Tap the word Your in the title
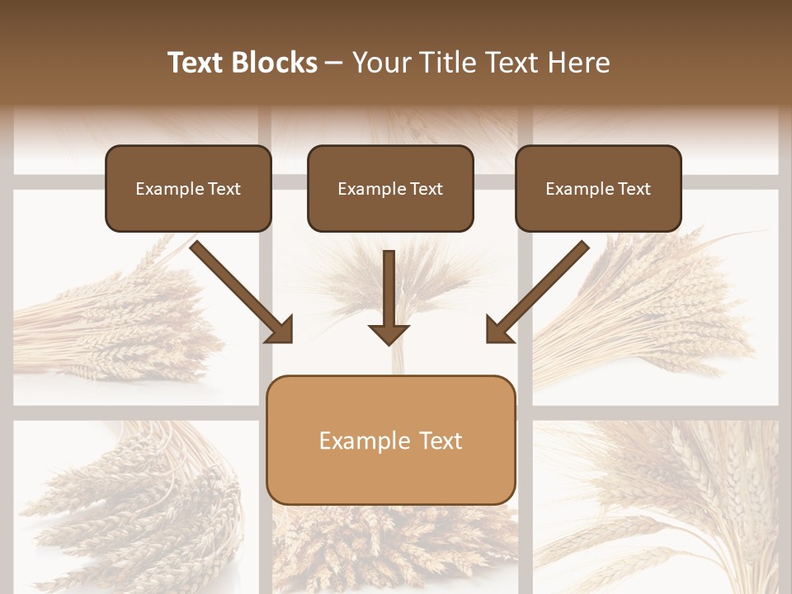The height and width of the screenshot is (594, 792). pyautogui.click(x=379, y=63)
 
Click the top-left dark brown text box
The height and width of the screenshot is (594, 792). pyautogui.click(x=188, y=188)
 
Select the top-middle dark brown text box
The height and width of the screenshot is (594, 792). pyautogui.click(x=390, y=188)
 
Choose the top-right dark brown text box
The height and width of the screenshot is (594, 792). pyautogui.click(x=598, y=188)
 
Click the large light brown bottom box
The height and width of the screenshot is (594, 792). pyautogui.click(x=390, y=440)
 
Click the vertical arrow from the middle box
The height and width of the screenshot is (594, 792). pyautogui.click(x=389, y=289)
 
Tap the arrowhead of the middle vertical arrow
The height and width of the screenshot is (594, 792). pyautogui.click(x=389, y=333)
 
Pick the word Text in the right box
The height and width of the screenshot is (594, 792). pyautogui.click(x=634, y=188)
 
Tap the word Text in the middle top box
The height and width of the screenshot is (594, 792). pyautogui.click(x=426, y=188)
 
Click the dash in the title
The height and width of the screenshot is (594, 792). pyautogui.click(x=334, y=63)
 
